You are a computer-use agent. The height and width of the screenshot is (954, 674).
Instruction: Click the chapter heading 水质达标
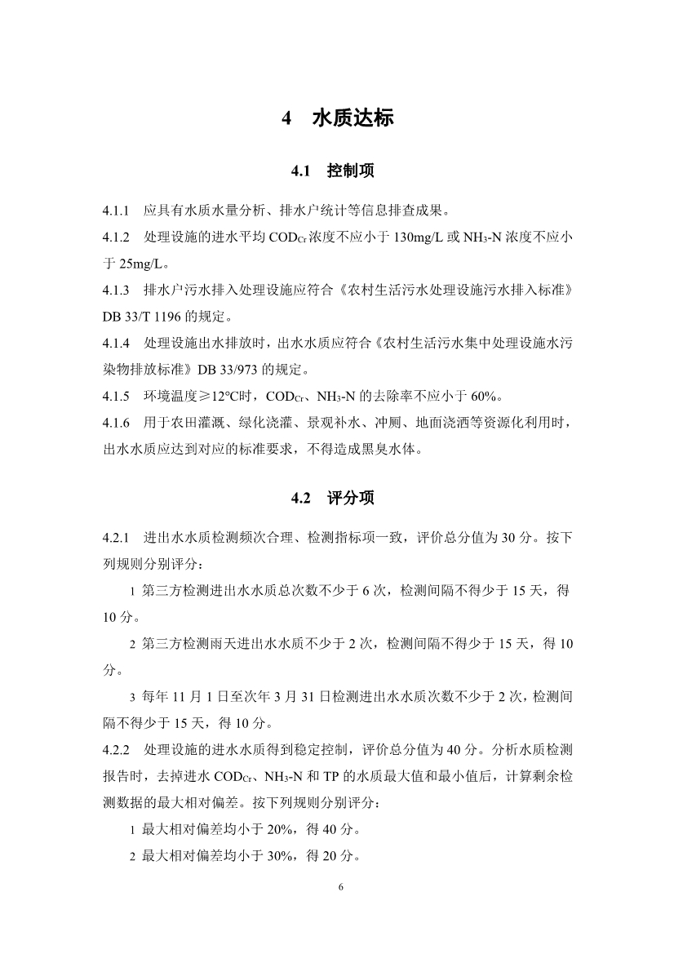tap(353, 118)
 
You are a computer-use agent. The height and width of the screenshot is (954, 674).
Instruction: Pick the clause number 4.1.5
tap(117, 397)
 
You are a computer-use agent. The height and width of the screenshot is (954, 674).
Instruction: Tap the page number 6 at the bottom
tap(337, 886)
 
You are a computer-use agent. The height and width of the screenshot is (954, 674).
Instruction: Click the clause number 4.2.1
tap(117, 538)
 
